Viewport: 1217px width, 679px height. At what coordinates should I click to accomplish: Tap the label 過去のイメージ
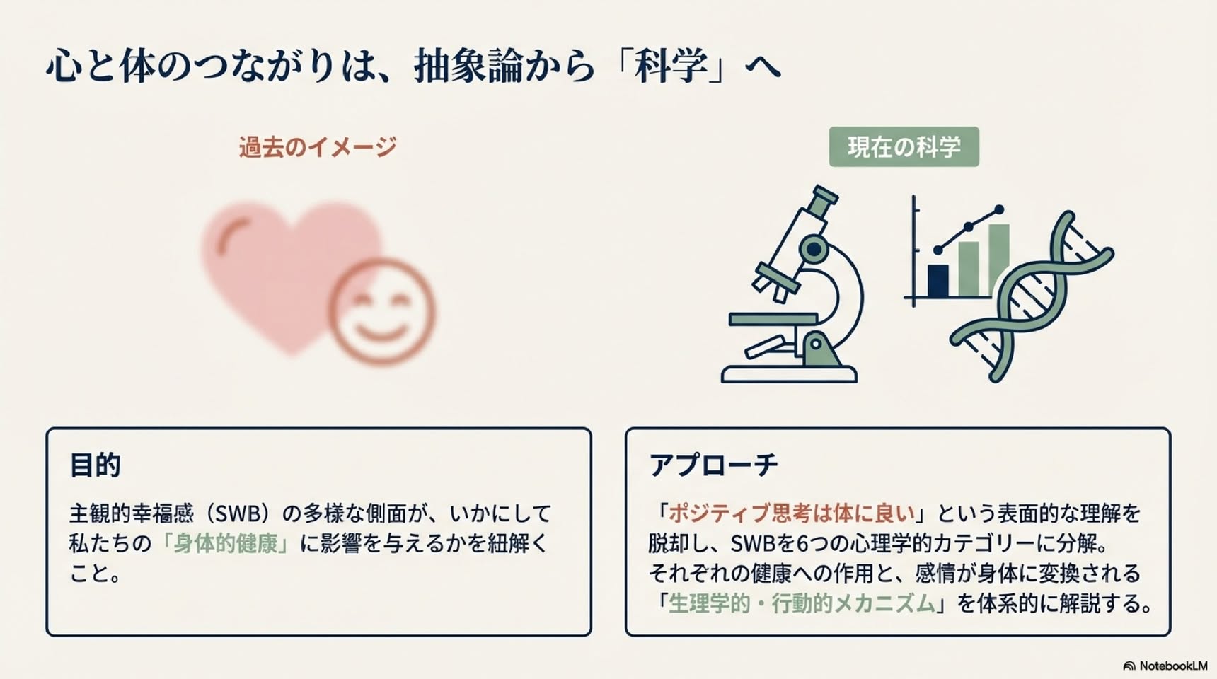(318, 147)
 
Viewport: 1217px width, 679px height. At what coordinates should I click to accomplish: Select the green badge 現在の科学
(904, 146)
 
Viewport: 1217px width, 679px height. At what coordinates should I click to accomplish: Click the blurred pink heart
(283, 269)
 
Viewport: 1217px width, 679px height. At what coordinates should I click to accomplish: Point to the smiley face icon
(381, 312)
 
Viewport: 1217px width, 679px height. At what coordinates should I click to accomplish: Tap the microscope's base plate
(789, 374)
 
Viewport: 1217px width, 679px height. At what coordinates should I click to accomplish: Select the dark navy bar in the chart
(938, 281)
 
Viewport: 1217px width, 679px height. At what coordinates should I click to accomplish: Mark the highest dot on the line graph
(999, 210)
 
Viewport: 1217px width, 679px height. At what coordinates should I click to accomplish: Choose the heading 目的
(95, 465)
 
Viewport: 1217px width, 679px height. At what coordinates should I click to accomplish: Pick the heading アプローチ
(713, 465)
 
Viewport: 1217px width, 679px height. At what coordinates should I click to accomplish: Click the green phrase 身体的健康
(226, 543)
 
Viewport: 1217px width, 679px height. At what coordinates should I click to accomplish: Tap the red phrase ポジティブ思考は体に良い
(791, 513)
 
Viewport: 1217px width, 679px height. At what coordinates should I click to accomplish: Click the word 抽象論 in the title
(468, 66)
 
